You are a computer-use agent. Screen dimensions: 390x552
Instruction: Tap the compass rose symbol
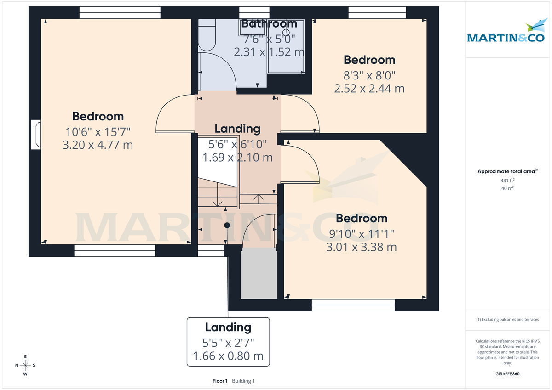pyautogui.click(x=26, y=365)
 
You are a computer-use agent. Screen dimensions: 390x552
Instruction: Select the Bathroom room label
pyautogui.click(x=269, y=23)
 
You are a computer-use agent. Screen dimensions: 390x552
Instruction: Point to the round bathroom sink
pyautogui.click(x=286, y=33)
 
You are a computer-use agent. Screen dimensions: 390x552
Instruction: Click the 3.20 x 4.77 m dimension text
pyautogui.click(x=98, y=145)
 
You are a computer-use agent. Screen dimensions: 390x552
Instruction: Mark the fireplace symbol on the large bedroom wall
pyautogui.click(x=35, y=135)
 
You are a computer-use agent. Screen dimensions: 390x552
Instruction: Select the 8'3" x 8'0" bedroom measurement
pyautogui.click(x=369, y=74)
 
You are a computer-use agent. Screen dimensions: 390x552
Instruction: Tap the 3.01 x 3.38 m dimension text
pyautogui.click(x=361, y=247)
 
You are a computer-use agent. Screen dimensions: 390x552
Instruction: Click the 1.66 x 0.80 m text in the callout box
pyautogui.click(x=228, y=356)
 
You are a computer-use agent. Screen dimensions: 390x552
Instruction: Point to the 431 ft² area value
pyautogui.click(x=508, y=181)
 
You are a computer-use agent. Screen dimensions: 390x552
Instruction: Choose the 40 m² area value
pyautogui.click(x=508, y=188)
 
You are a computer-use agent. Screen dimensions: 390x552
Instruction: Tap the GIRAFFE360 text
pyautogui.click(x=508, y=374)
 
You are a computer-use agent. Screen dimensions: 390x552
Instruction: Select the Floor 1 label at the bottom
pyautogui.click(x=220, y=381)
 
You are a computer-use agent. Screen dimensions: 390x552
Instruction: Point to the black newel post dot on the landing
pyautogui.click(x=227, y=225)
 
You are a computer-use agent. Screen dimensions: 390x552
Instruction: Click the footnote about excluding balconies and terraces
pyautogui.click(x=508, y=319)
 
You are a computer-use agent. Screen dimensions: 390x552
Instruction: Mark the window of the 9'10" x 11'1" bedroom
pyautogui.click(x=353, y=302)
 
